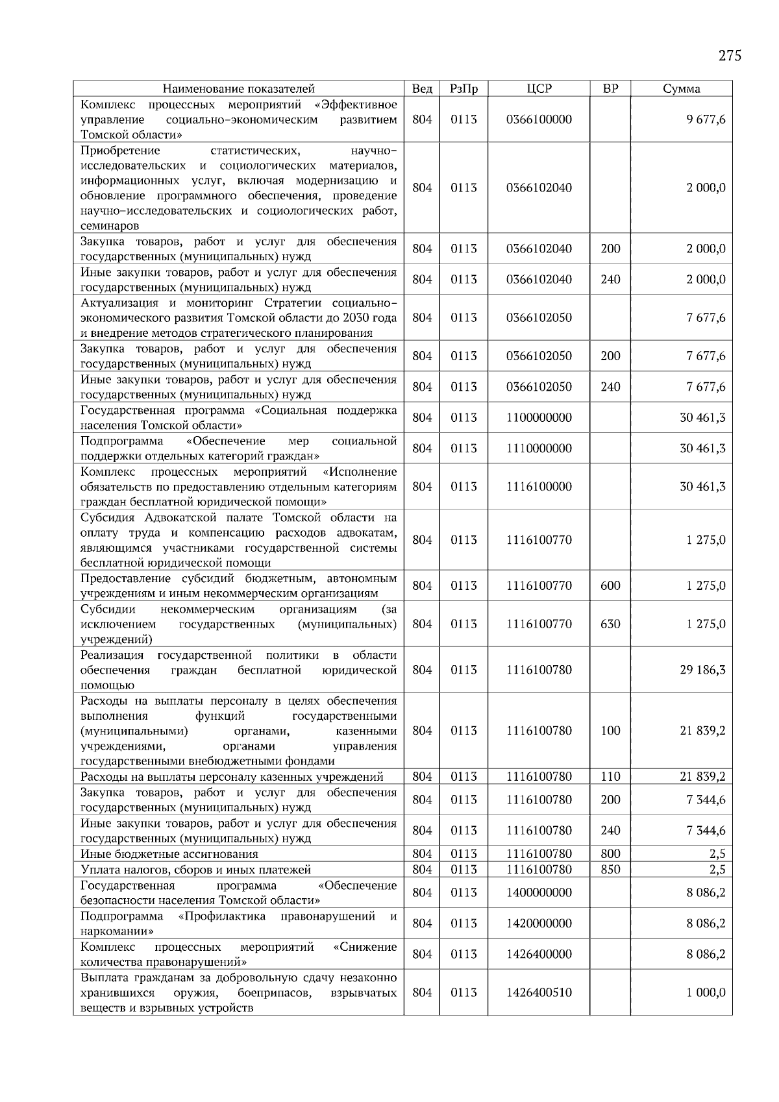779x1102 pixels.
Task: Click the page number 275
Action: click(730, 56)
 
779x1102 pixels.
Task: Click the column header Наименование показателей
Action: click(238, 89)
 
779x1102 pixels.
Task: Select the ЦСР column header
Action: click(539, 89)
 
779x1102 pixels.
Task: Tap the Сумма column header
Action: click(681, 89)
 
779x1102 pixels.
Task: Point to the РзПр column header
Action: click(464, 89)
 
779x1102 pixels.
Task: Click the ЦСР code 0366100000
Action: click(539, 119)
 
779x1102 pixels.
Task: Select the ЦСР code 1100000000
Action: click(539, 417)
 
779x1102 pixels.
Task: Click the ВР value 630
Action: click(610, 624)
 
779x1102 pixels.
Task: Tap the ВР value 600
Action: click(610, 585)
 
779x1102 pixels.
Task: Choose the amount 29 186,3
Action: click(702, 670)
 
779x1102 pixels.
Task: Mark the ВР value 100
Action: click(610, 731)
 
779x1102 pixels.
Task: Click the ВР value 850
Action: click(610, 870)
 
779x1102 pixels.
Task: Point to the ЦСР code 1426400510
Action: click(539, 992)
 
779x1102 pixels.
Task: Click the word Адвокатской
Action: click(175, 517)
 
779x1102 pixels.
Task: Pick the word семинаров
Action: click(109, 226)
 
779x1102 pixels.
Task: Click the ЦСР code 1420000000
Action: click(539, 924)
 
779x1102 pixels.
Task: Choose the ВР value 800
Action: click(610, 854)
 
